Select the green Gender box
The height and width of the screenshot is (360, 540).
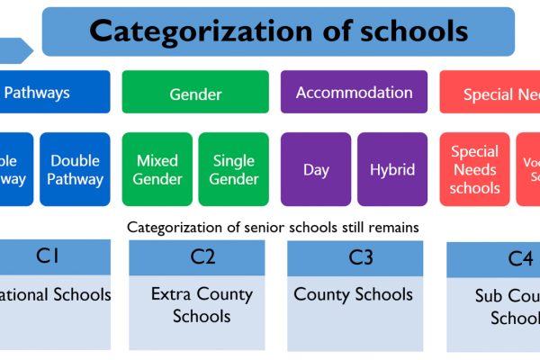195,93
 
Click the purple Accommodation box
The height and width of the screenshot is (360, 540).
355,93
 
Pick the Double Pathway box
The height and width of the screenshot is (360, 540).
76,169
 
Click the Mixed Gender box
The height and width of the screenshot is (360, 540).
157,169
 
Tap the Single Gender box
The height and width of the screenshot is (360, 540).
234,169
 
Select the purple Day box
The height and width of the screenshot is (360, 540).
316,169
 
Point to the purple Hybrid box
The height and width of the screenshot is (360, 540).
392,169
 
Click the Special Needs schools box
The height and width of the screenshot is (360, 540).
475,169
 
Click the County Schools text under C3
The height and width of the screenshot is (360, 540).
354,294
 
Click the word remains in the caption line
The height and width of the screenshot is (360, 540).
393,228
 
